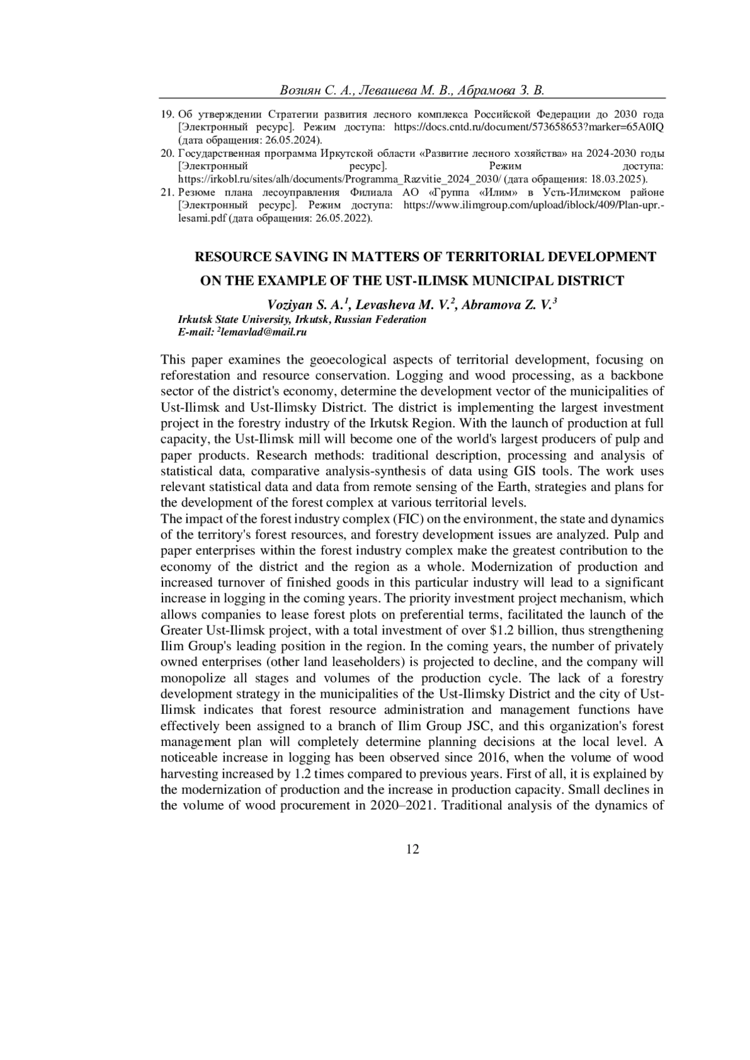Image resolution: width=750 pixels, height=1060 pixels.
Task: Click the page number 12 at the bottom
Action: pos(412,849)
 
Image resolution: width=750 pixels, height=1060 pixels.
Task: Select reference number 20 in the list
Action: pos(167,153)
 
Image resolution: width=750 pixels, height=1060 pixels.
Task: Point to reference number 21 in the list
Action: pos(167,192)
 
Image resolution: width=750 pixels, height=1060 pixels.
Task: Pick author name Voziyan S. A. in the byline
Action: pos(306,305)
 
